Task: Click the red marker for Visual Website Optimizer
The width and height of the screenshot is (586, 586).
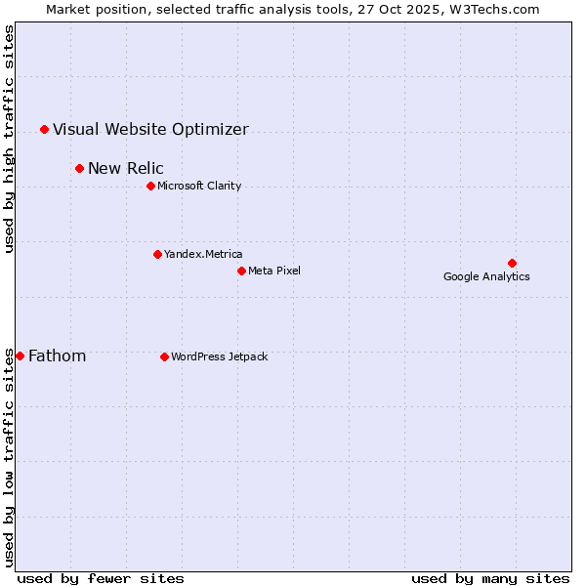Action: coord(44,129)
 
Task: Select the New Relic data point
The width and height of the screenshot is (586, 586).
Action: coord(79,168)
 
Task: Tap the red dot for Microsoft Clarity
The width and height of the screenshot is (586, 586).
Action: coord(150,186)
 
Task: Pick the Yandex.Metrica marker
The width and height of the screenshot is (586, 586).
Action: coord(157,254)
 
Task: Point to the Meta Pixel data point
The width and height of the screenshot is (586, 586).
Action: coord(241,271)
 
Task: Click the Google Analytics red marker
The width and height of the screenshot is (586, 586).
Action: coord(512,263)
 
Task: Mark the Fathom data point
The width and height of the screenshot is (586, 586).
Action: coord(20,356)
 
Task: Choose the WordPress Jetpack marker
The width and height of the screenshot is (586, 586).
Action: coord(164,356)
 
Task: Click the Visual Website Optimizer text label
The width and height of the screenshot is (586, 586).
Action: coord(150,129)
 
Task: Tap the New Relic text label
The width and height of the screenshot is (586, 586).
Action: coord(126,168)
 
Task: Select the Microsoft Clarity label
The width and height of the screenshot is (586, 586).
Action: coord(199,186)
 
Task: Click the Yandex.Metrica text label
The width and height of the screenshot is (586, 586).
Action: coord(203,254)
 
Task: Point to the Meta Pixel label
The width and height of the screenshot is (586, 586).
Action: coord(274,271)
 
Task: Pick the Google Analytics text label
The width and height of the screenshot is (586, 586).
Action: coord(486,276)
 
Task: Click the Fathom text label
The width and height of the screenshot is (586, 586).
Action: coord(57,356)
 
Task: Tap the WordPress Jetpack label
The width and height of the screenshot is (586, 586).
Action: coord(219,356)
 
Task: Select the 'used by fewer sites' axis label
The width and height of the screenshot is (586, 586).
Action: coord(101,578)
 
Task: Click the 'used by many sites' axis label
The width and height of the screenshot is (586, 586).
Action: coord(490,578)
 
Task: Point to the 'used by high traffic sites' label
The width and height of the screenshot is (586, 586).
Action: coord(9,139)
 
